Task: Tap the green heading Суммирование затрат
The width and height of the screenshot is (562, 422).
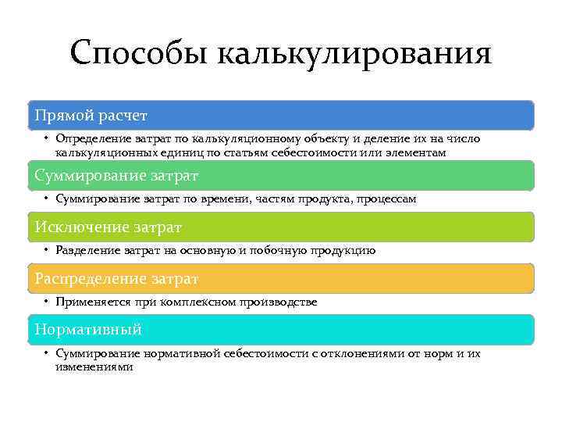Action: [116, 175]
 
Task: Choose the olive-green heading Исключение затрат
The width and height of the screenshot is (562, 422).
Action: [108, 227]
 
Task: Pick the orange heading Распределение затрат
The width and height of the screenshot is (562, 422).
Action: [116, 278]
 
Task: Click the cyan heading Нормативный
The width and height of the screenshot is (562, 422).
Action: [88, 330]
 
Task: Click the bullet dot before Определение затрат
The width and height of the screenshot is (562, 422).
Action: [47, 139]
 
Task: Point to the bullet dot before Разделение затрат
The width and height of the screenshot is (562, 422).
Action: [47, 251]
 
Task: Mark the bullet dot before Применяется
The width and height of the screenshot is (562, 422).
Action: [47, 302]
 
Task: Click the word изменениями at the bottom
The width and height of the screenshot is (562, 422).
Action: [94, 366]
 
